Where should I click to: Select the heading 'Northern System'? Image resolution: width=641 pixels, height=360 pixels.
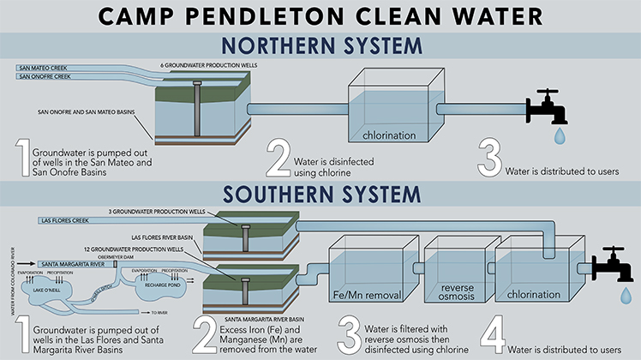click(320, 45)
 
